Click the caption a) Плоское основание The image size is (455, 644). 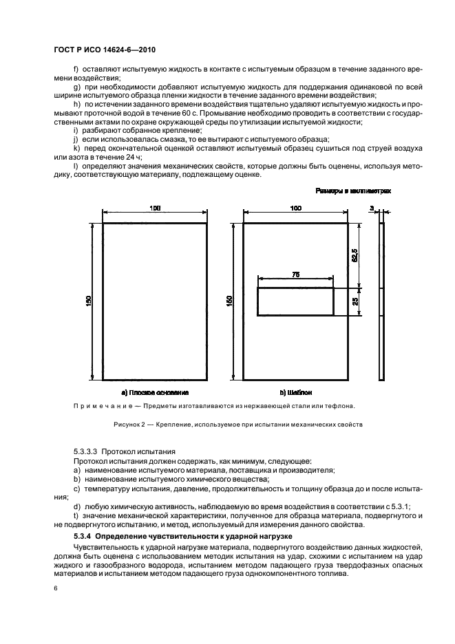click(x=155, y=392)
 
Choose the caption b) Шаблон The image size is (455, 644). click(x=296, y=392)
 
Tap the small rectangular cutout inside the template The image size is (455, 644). click(x=295, y=302)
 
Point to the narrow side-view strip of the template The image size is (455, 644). click(x=382, y=301)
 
